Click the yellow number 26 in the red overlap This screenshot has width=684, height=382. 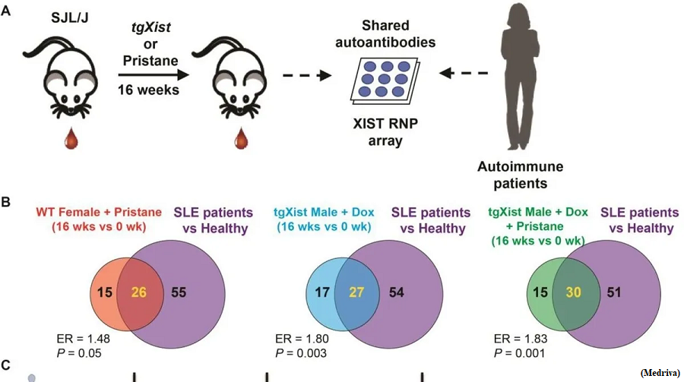[139, 292]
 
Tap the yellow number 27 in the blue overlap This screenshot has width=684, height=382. [356, 292]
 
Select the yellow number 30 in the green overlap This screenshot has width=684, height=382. [573, 292]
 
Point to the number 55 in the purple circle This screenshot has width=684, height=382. [179, 292]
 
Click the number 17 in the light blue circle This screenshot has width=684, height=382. [322, 292]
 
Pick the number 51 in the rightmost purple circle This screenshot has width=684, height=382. [614, 292]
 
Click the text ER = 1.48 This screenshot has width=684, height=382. [84, 339]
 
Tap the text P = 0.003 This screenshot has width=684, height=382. [301, 353]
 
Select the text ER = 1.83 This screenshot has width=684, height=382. [521, 339]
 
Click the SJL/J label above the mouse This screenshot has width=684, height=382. [70, 18]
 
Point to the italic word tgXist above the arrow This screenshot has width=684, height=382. [150, 27]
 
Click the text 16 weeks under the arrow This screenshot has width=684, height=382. [148, 90]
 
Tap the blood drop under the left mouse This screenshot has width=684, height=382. [71, 138]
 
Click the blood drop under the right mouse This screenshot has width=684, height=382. [241, 138]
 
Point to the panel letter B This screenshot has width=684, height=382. [5, 202]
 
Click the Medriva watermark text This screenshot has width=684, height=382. [660, 373]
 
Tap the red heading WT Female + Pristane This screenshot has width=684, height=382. [99, 213]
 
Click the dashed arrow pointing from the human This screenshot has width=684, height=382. [464, 73]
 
